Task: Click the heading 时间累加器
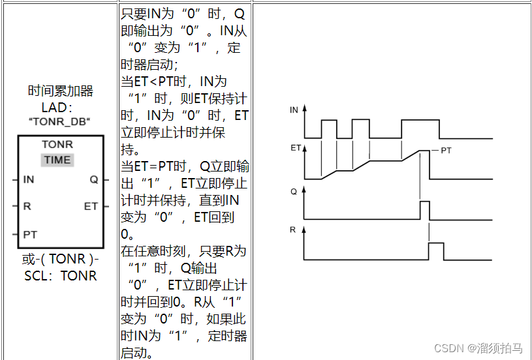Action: [x=61, y=91]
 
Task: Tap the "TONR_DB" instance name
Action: [x=60, y=121]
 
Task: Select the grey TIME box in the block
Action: [x=57, y=160]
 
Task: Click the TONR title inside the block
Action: [x=57, y=144]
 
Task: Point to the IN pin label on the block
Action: [x=29, y=179]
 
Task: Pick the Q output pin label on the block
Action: [x=93, y=179]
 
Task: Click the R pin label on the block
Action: [x=27, y=206]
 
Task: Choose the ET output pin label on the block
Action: [x=91, y=206]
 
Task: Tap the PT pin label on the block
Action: [x=30, y=233]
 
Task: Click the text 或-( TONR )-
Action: [x=61, y=259]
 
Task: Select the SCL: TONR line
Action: [x=61, y=275]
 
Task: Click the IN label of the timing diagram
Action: [x=294, y=110]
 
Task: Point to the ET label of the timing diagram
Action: [x=295, y=148]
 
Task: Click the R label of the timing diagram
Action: [x=293, y=230]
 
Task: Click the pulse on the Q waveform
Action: [x=424, y=210]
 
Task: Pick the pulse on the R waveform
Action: [x=435, y=251]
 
